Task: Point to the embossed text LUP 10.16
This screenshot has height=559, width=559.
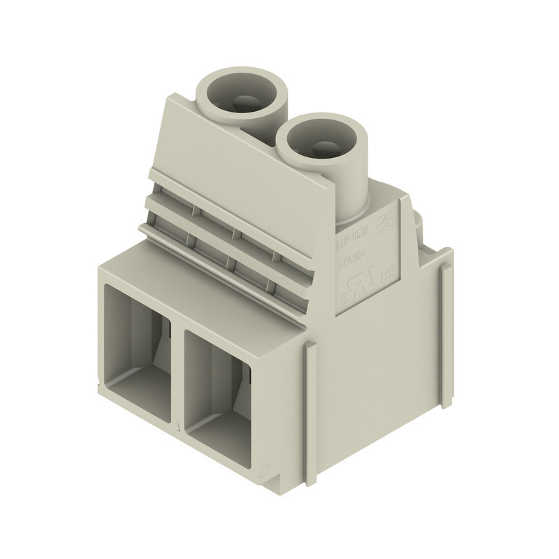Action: point(351,242)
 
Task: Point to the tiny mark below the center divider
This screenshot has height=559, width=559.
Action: point(180,426)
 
